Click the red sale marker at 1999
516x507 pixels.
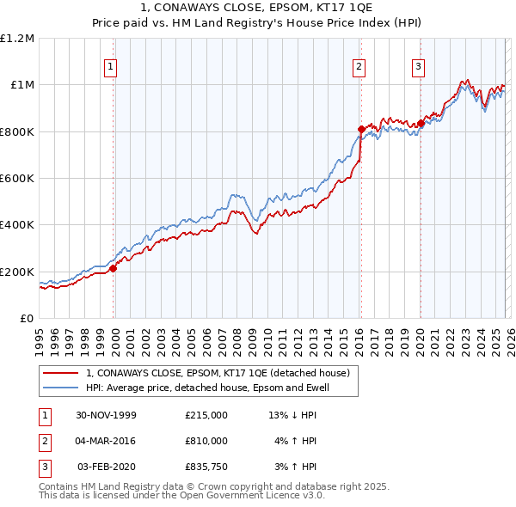pyautogui.click(x=114, y=268)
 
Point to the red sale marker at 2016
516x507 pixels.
pyautogui.click(x=360, y=130)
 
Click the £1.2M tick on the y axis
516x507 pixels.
pyautogui.click(x=18, y=39)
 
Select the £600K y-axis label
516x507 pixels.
pyautogui.click(x=17, y=179)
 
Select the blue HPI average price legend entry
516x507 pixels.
pyautogui.click(x=207, y=388)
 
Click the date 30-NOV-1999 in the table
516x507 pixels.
pyautogui.click(x=107, y=415)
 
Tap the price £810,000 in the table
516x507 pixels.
pyautogui.click(x=206, y=441)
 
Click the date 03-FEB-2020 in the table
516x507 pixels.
pyautogui.click(x=107, y=467)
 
